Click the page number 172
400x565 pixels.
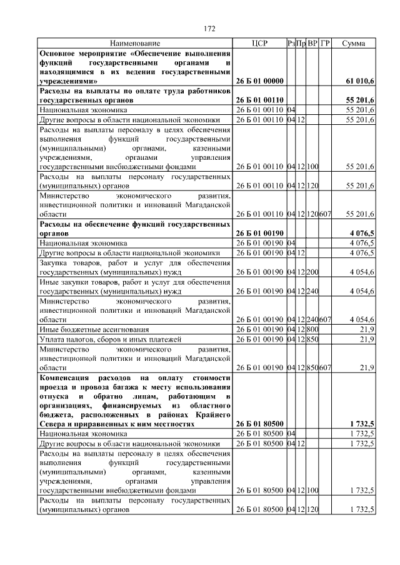coord(209,28)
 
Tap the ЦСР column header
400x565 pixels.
coord(259,44)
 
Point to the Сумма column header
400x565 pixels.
coord(354,44)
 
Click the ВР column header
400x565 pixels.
coord(312,44)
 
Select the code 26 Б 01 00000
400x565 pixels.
coord(259,81)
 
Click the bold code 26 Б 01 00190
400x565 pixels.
coord(259,233)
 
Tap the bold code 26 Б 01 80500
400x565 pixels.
coord(259,423)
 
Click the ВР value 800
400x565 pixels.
coord(312,329)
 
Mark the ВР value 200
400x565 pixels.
coord(312,272)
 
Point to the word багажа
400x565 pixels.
coord(126,386)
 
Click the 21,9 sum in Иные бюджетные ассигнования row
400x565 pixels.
coord(366,329)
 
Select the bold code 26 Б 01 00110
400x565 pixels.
coord(259,100)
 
